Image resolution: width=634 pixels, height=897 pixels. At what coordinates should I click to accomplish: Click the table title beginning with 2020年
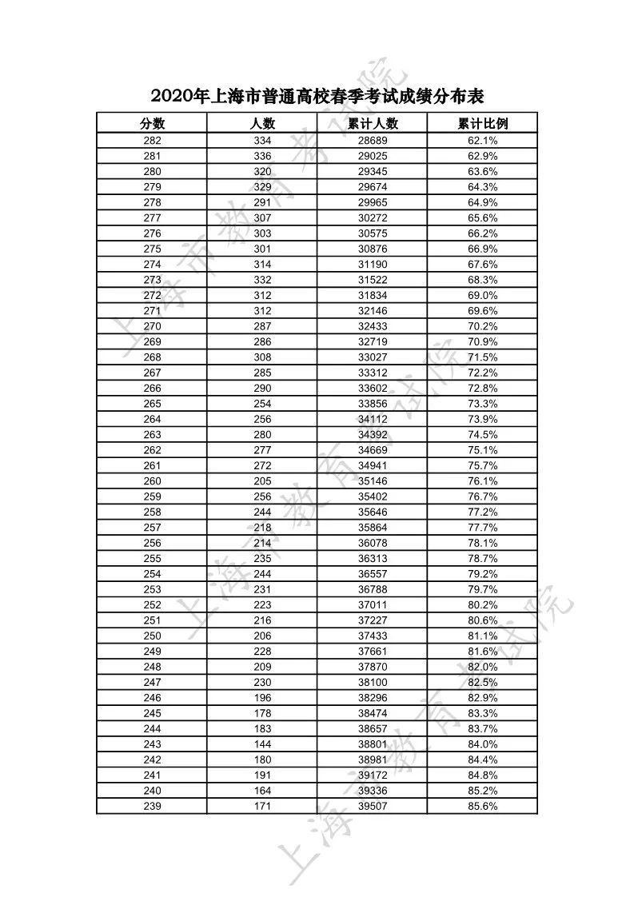pyautogui.click(x=317, y=97)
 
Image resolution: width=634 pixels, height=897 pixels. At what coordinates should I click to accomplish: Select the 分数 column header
pyautogui.click(x=152, y=123)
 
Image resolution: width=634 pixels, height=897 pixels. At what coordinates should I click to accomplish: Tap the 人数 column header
pyautogui.click(x=262, y=123)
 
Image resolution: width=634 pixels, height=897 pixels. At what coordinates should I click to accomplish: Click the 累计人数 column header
pyautogui.click(x=373, y=123)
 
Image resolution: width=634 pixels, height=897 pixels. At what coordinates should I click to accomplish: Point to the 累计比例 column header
pyautogui.click(x=483, y=123)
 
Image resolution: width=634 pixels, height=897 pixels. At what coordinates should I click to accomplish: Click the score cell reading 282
pyautogui.click(x=152, y=140)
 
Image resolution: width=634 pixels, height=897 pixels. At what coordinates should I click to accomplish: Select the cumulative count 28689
pyautogui.click(x=373, y=140)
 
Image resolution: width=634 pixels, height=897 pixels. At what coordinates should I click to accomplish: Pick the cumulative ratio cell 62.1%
pyautogui.click(x=483, y=140)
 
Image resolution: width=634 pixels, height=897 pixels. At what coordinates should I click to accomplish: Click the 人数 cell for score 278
pyautogui.click(x=262, y=202)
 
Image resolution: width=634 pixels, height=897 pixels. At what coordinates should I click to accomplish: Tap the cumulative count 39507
pyautogui.click(x=373, y=806)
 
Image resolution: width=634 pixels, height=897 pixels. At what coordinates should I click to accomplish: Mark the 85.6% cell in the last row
pyautogui.click(x=483, y=806)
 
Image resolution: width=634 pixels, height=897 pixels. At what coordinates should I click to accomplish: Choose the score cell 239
pyautogui.click(x=152, y=806)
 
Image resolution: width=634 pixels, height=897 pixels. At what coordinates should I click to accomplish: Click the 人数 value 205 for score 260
pyautogui.click(x=262, y=480)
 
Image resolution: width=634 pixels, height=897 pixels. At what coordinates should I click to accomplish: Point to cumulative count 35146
pyautogui.click(x=373, y=480)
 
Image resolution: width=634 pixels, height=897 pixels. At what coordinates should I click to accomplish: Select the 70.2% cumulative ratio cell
pyautogui.click(x=483, y=326)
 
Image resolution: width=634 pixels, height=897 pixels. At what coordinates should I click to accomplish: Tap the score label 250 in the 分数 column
pyautogui.click(x=152, y=636)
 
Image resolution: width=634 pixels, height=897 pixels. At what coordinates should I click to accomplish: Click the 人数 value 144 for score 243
pyautogui.click(x=262, y=744)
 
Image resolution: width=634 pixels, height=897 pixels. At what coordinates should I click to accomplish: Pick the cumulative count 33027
pyautogui.click(x=373, y=357)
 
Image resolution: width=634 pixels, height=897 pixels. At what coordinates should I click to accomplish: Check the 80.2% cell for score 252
pyautogui.click(x=483, y=604)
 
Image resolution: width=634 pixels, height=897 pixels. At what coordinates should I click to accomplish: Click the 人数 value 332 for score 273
pyautogui.click(x=262, y=280)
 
